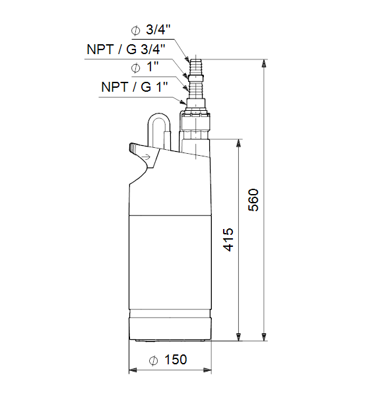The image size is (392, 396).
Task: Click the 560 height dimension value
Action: click(x=253, y=200)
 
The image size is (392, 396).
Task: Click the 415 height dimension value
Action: click(x=228, y=240)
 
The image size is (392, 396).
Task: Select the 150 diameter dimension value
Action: click(x=176, y=360)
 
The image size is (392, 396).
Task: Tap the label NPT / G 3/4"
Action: click(x=126, y=49)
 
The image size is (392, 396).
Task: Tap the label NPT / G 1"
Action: click(x=135, y=87)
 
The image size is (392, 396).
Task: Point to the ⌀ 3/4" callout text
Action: click(x=150, y=30)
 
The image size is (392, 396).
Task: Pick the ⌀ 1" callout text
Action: click(x=145, y=67)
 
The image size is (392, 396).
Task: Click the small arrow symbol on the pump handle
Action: click(x=147, y=157)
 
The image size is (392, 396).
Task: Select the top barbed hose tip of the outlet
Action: click(x=196, y=67)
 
